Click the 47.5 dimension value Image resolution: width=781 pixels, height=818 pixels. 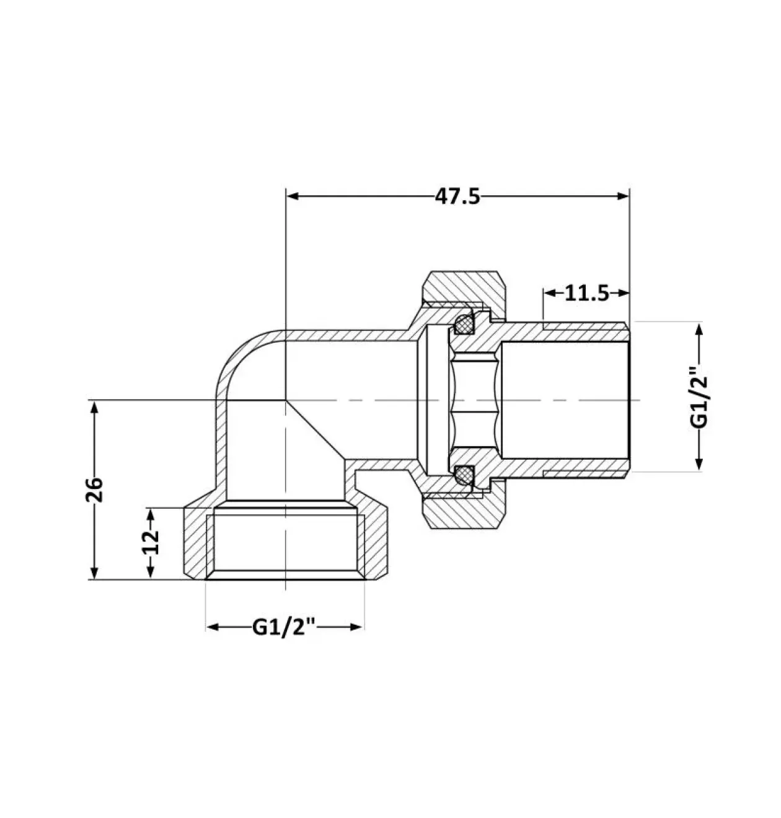[x=457, y=196]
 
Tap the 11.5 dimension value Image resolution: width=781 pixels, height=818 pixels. [x=587, y=293]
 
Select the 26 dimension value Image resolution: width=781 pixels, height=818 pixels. [x=94, y=490]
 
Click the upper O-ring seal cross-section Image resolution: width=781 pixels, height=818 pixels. [x=464, y=324]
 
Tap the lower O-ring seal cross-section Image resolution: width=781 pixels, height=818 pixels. [x=464, y=475]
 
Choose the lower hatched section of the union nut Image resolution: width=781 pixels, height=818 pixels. [x=466, y=511]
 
